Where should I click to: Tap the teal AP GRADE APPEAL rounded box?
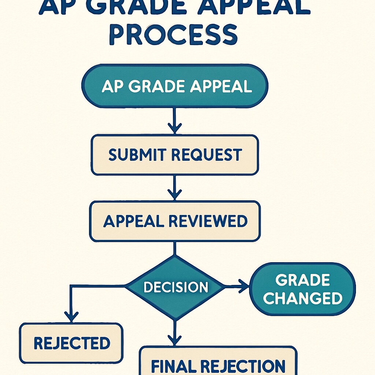pos(175,86)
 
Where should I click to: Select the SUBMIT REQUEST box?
pos(175,155)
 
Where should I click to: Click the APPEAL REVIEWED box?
pos(175,221)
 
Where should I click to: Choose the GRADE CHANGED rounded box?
pos(302,289)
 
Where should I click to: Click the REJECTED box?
pos(71,343)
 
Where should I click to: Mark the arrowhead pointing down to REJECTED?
pos(71,316)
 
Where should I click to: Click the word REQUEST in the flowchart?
pos(207,155)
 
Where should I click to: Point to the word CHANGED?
pos(302,298)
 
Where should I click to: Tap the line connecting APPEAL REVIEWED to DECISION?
pos(175,249)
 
